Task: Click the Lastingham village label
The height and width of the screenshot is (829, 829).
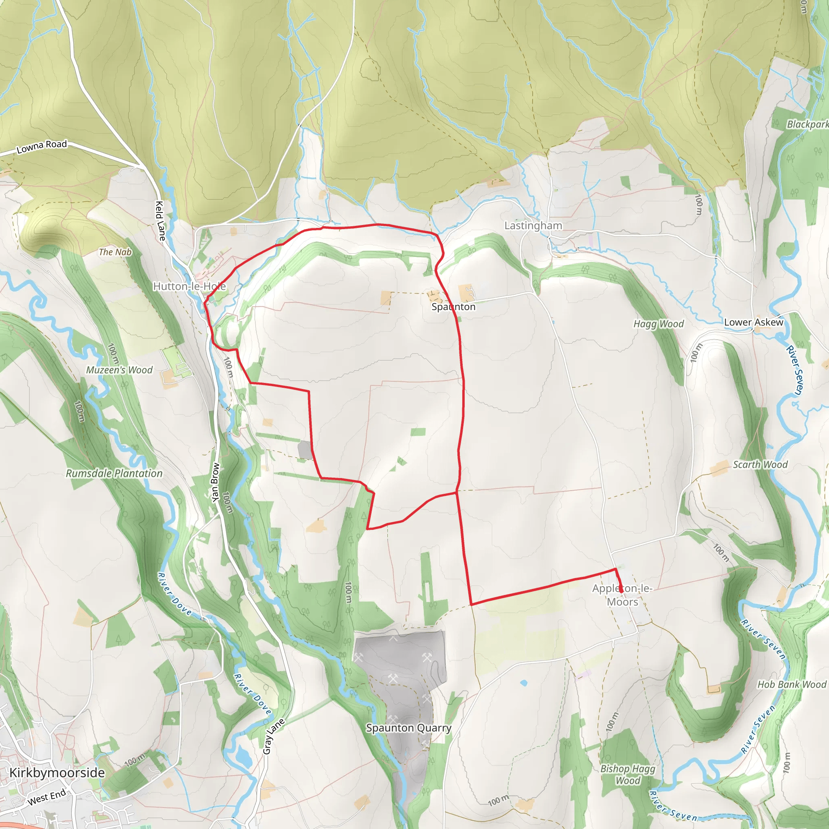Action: coord(533,226)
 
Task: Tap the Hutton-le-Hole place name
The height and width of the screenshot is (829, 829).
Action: coord(189,286)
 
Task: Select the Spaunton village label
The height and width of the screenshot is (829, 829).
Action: coord(453,307)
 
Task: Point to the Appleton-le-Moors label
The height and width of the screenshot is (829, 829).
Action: coord(622,595)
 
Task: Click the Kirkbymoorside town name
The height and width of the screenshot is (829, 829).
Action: coord(57,773)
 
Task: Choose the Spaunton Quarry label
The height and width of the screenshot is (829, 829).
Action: coord(408,728)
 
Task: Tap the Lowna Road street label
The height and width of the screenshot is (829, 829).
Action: coord(42,147)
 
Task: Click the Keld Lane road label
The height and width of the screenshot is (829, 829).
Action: coord(160,221)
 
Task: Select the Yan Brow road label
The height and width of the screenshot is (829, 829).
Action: coord(215,482)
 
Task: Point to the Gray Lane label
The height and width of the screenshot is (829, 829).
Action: coord(273,736)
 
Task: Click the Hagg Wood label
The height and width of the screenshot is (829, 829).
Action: coord(659,324)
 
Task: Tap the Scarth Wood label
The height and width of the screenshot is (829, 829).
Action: coord(760,465)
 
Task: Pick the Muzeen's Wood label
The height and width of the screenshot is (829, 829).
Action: coord(119,370)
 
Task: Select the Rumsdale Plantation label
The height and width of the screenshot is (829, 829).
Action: coord(114,473)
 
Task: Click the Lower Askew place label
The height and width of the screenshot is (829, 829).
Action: coord(753,322)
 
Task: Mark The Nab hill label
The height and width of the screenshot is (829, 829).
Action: coord(115,252)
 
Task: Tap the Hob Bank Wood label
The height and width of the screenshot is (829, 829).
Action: coord(792,684)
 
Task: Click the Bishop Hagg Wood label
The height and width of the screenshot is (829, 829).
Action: coord(627,774)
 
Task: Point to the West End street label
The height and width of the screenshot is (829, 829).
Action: coord(47,797)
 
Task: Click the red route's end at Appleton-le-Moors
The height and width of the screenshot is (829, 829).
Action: coord(621,592)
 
